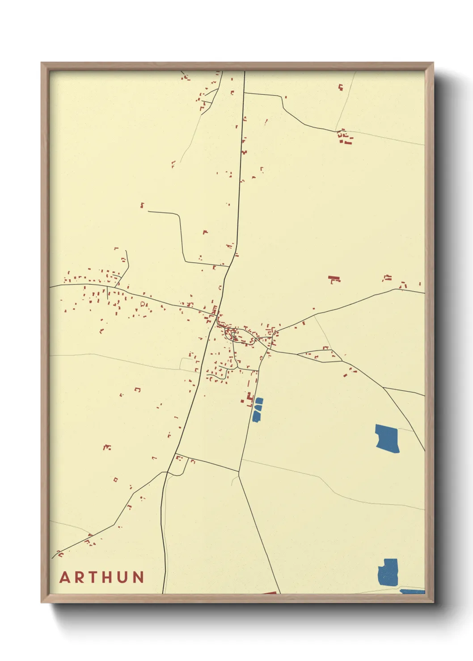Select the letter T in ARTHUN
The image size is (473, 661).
point(94,577)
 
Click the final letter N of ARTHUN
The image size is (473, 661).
point(138,577)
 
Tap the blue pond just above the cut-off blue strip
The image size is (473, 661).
point(388,572)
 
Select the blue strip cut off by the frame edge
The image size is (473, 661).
point(412,591)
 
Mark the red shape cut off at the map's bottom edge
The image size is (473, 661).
point(269,592)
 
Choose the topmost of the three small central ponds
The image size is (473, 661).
point(259,401)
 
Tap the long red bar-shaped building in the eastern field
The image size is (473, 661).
point(334,279)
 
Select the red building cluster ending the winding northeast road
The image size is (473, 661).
point(344,137)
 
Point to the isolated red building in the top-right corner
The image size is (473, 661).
point(341,88)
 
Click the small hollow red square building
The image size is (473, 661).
point(115,480)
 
